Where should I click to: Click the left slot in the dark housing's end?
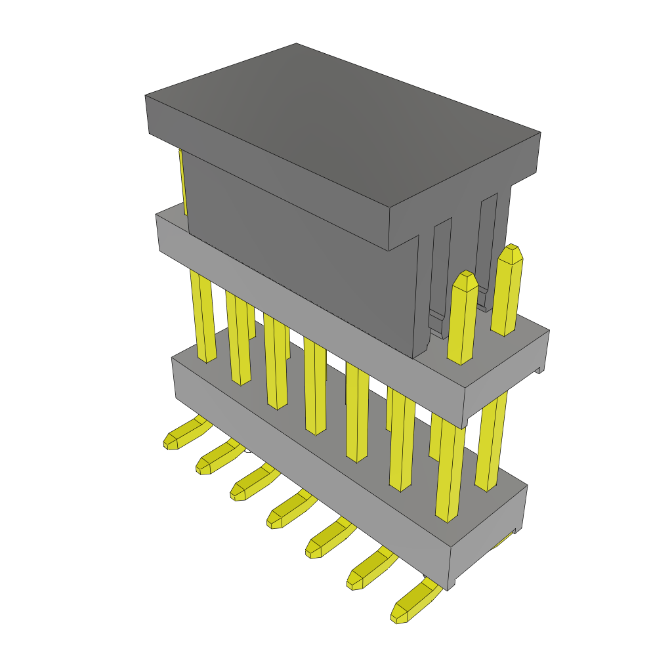pyautogui.click(x=441, y=269)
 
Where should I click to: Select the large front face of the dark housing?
pyautogui.click(x=302, y=256)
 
